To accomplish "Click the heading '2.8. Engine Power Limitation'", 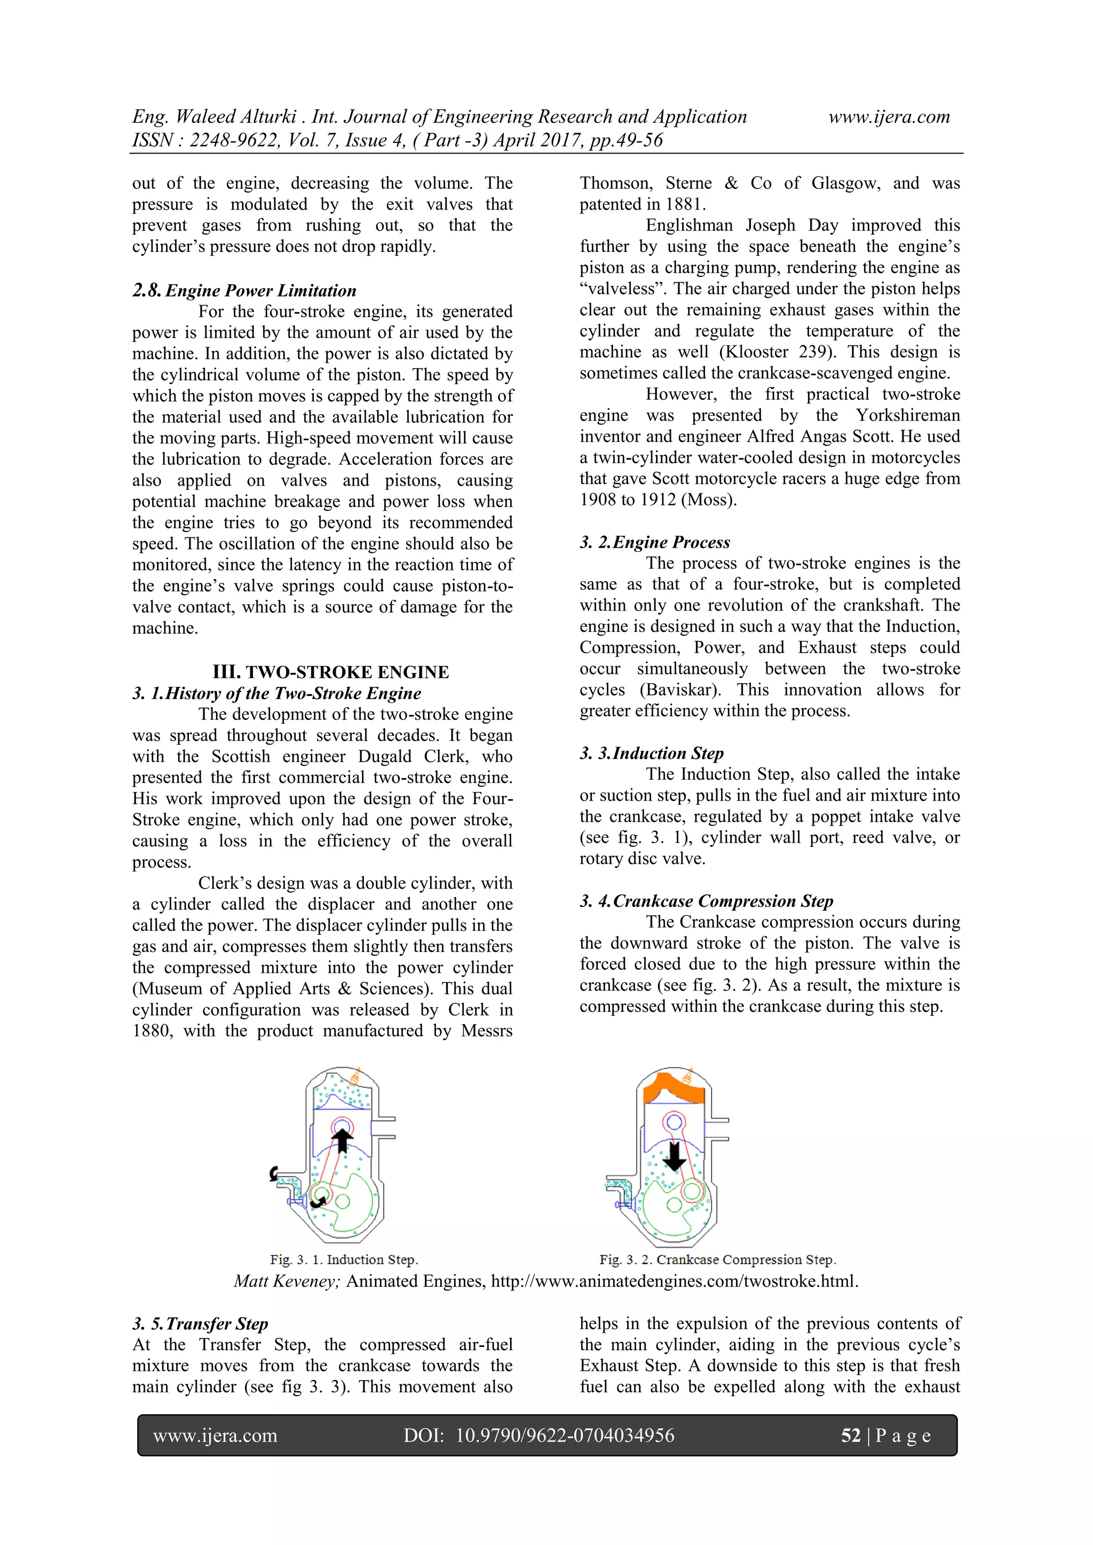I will click(244, 291).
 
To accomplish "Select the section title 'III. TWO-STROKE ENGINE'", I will click(330, 672).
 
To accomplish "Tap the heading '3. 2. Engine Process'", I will click(654, 542).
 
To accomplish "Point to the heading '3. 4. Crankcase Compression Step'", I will click(706, 901).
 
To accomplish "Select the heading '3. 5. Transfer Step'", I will click(200, 1324).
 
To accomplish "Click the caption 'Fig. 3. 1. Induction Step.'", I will click(344, 1259).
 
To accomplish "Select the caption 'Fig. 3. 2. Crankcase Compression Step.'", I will click(717, 1259).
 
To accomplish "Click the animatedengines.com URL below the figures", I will click(674, 1281).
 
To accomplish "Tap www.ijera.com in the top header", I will click(889, 117).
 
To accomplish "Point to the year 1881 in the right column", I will click(684, 204).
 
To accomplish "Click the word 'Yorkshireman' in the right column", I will click(907, 416).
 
